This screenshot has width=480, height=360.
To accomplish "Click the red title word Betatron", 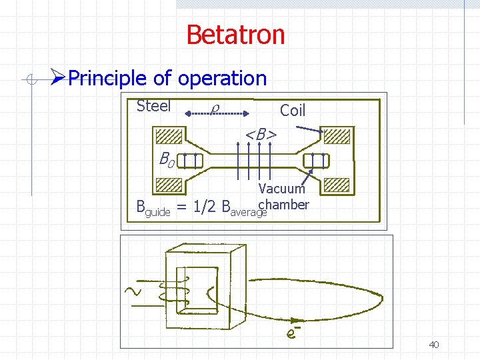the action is click(x=235, y=35).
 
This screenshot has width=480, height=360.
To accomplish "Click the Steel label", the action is click(x=153, y=106).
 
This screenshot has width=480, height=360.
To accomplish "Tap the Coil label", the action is click(x=293, y=110).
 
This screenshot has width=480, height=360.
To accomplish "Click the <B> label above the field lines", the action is click(x=260, y=135).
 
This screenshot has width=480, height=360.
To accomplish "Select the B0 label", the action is click(x=166, y=159).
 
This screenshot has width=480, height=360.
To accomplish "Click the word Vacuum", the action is click(x=281, y=189).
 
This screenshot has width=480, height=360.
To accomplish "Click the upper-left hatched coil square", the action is click(x=167, y=137).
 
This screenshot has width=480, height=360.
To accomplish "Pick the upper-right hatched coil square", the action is click(x=337, y=137).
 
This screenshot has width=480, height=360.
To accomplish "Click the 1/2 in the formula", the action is click(x=205, y=207).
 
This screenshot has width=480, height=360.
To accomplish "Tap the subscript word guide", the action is click(x=157, y=211).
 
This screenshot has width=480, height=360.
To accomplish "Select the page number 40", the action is click(x=433, y=345).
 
